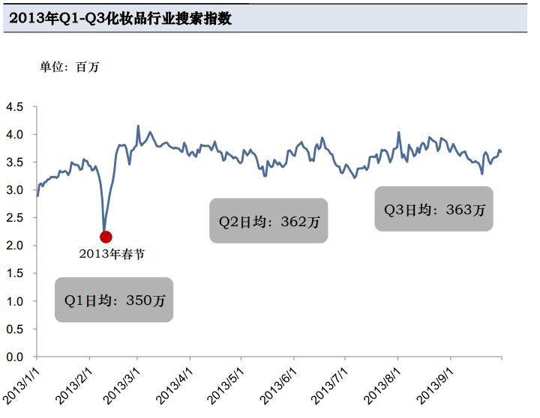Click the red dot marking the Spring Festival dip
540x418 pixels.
106,237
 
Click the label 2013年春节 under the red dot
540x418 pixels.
112,254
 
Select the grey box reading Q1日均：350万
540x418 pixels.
115,300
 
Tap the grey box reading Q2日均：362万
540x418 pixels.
268,221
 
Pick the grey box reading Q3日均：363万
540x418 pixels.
434,209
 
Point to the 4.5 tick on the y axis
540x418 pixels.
15,107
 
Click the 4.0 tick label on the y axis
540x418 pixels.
15,135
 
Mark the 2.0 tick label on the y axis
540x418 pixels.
15,246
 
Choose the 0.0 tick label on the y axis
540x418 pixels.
15,357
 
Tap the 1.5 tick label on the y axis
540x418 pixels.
15,273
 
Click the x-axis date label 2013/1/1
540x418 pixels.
22,384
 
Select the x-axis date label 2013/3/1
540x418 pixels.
124,384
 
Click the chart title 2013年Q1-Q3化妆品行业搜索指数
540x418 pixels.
120,19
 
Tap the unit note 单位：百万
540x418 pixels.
69,67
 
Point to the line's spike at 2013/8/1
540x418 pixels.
398,133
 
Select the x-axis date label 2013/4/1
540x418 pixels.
175,384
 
